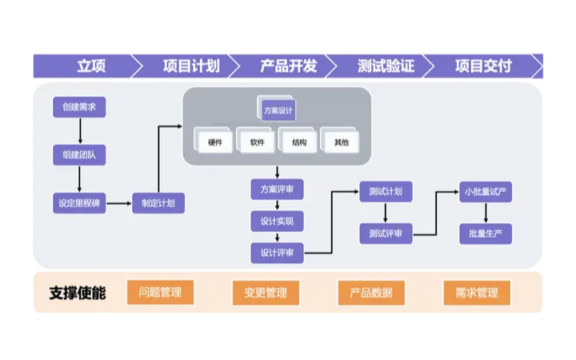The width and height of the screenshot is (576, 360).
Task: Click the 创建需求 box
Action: click(x=80, y=107)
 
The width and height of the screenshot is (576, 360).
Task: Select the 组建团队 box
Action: click(x=80, y=154)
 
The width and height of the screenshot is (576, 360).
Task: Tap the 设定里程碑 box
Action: click(x=80, y=203)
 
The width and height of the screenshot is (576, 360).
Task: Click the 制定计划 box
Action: click(x=158, y=203)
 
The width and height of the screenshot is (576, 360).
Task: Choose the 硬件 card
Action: click(x=215, y=142)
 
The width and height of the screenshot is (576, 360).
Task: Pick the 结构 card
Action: click(x=299, y=142)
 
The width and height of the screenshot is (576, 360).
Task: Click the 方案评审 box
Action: click(x=278, y=190)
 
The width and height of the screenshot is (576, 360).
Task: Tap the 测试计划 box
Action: click(x=386, y=192)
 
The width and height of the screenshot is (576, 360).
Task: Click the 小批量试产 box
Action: click(x=486, y=192)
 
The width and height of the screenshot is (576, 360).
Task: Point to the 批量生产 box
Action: click(x=486, y=234)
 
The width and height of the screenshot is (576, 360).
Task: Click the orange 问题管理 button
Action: click(x=161, y=292)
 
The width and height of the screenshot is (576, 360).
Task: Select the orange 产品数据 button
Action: click(x=371, y=293)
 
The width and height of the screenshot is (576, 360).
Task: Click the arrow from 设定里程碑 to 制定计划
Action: click(x=119, y=203)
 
